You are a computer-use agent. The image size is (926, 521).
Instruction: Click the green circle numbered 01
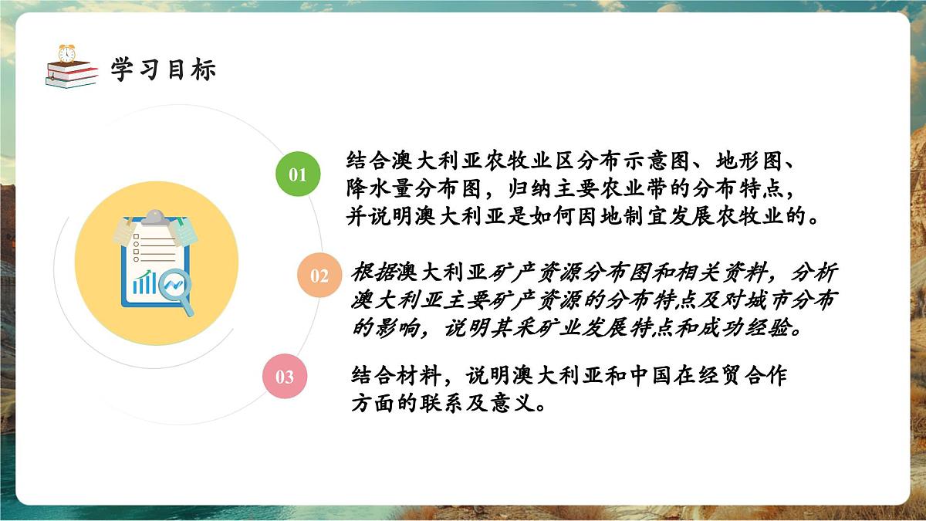coord(297,174)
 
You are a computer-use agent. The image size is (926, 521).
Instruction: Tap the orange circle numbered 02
coord(319,276)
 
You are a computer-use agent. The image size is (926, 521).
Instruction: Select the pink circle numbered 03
coord(285,376)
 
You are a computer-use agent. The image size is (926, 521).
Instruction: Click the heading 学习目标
coord(163,69)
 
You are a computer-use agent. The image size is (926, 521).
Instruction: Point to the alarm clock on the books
coord(67,53)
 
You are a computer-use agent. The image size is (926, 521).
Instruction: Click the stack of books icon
coord(71,74)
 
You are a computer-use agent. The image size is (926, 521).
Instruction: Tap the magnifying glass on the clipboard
coord(177,290)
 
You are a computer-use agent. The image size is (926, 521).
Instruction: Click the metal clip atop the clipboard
coord(157,217)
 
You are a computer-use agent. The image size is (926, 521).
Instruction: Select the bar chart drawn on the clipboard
coord(144,282)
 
